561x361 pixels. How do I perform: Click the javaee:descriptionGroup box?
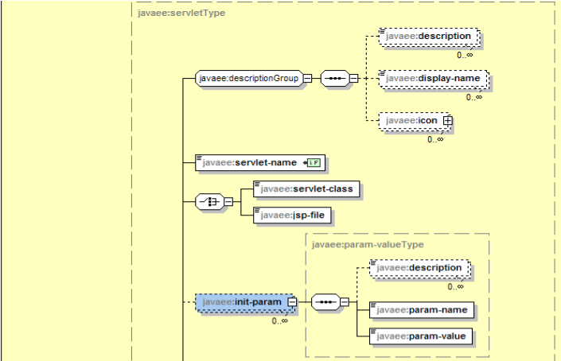(247, 78)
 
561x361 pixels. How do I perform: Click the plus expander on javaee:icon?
(447, 121)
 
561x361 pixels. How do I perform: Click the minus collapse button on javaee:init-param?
(292, 302)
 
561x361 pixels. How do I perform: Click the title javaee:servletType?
(172, 14)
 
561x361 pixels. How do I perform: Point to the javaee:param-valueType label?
(368, 244)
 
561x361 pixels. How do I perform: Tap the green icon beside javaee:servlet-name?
(314, 162)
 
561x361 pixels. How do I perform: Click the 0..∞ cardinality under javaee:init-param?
(279, 320)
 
